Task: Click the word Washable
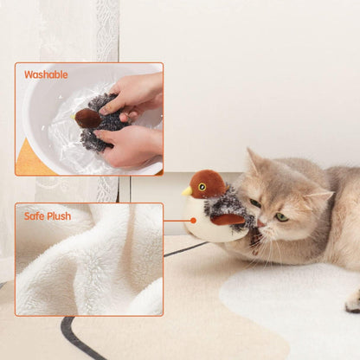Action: tap(46, 74)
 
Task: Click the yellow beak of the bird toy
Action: tap(187, 190)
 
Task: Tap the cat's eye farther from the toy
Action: tap(281, 217)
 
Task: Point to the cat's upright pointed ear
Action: tap(254, 162)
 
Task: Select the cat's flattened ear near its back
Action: tap(317, 198)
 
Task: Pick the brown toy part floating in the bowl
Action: tap(86, 117)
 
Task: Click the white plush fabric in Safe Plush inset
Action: tap(87, 268)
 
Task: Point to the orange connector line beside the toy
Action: tap(174, 221)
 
